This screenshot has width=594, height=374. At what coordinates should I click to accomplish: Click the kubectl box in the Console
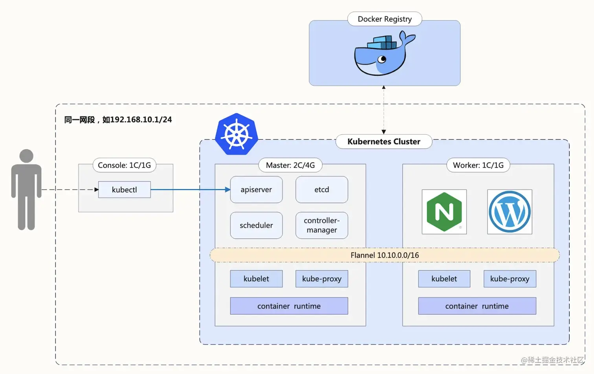pos(124,189)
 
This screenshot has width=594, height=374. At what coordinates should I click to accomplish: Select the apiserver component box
pos(256,189)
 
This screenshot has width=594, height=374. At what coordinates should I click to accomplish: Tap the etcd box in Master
pos(321,189)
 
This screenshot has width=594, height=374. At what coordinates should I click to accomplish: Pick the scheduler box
pos(256,225)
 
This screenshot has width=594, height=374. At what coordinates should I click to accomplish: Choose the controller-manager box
pos(321,225)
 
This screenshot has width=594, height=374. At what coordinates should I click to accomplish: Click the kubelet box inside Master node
pos(256,279)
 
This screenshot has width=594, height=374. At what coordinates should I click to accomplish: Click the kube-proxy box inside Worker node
pos(510,279)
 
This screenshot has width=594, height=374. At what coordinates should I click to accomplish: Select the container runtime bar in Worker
pos(477,306)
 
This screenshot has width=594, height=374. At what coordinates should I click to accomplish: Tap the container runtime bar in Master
pos(289,306)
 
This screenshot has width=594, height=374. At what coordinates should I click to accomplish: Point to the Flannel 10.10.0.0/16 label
pos(384,255)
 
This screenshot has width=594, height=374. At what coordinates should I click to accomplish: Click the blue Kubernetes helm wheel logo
pos(236,134)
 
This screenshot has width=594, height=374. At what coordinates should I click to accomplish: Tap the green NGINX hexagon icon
pos(444,212)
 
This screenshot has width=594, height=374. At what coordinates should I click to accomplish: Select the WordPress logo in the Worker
pos(510,212)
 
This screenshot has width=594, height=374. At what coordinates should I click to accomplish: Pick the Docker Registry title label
pos(384,19)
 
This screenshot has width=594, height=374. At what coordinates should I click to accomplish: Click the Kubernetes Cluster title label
pos(383,141)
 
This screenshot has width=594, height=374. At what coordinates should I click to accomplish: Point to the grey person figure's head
pos(26,156)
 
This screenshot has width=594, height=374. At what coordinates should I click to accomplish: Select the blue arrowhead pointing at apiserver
pos(227,189)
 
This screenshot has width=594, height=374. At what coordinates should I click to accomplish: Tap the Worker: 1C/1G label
pos(478,165)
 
